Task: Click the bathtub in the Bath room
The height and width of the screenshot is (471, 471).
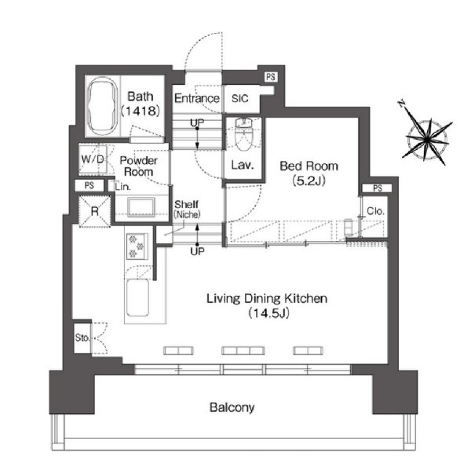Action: coord(102,106)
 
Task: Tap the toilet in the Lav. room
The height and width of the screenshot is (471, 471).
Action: coord(243,134)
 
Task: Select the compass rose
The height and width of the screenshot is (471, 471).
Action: coord(427,139)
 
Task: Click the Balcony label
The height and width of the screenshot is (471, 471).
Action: coord(232,407)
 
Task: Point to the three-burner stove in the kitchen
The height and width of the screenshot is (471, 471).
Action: coord(137,246)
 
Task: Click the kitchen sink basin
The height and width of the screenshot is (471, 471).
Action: coord(137,298)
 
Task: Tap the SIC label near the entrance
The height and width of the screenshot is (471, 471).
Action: coord(240,98)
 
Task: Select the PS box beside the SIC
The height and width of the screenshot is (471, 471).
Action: coord(271,77)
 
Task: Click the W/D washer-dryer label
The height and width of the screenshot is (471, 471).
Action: coord(93,159)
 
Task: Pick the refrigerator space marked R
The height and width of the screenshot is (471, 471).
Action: coord(95,211)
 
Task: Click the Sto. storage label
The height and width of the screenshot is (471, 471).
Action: coord(82,338)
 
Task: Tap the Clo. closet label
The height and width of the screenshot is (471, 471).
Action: coord(375,211)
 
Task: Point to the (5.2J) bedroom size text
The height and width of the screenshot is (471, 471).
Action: coord(309,181)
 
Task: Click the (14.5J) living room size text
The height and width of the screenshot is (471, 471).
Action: coord(268,313)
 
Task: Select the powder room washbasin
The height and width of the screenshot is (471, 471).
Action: coord(141,206)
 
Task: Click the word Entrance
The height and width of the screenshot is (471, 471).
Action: coord(197,98)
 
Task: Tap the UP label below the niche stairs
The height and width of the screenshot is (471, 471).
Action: coord(197,251)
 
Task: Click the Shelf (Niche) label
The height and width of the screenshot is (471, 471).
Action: coord(187,210)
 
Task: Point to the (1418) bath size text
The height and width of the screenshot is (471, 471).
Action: coord(141,111)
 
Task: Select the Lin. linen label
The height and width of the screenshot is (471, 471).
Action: coord(123,187)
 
